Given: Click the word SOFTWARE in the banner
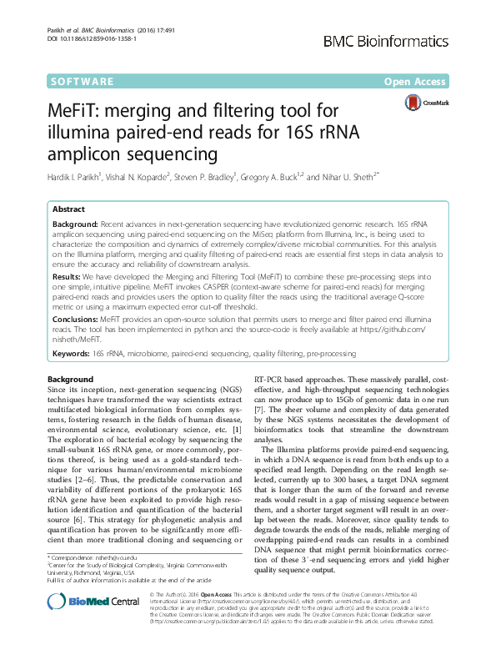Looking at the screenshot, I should (82, 82).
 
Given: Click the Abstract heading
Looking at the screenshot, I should (68, 209).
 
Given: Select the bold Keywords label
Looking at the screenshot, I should (71, 354).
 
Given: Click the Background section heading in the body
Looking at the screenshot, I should (71, 380).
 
